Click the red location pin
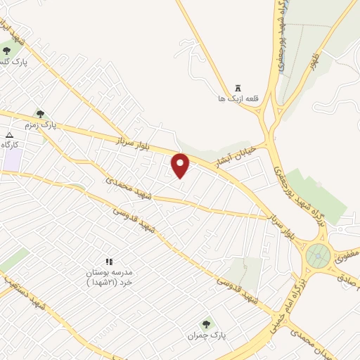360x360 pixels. pos(181,165)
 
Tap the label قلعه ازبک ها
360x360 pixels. pos(238,99)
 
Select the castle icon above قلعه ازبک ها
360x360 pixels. pos(238,87)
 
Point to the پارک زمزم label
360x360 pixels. pos(40,125)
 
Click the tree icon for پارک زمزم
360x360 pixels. pos(40,113)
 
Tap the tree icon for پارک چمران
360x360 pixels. pos(206,324)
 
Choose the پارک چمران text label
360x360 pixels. pos(206,336)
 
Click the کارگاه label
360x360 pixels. pos(9,145)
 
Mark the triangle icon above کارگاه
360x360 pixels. pos(9,134)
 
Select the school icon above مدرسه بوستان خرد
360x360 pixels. pos(109,262)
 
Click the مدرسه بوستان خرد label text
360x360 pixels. pos(109,276)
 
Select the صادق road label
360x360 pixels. pos(347,278)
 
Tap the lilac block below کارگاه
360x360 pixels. pos(12,160)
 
